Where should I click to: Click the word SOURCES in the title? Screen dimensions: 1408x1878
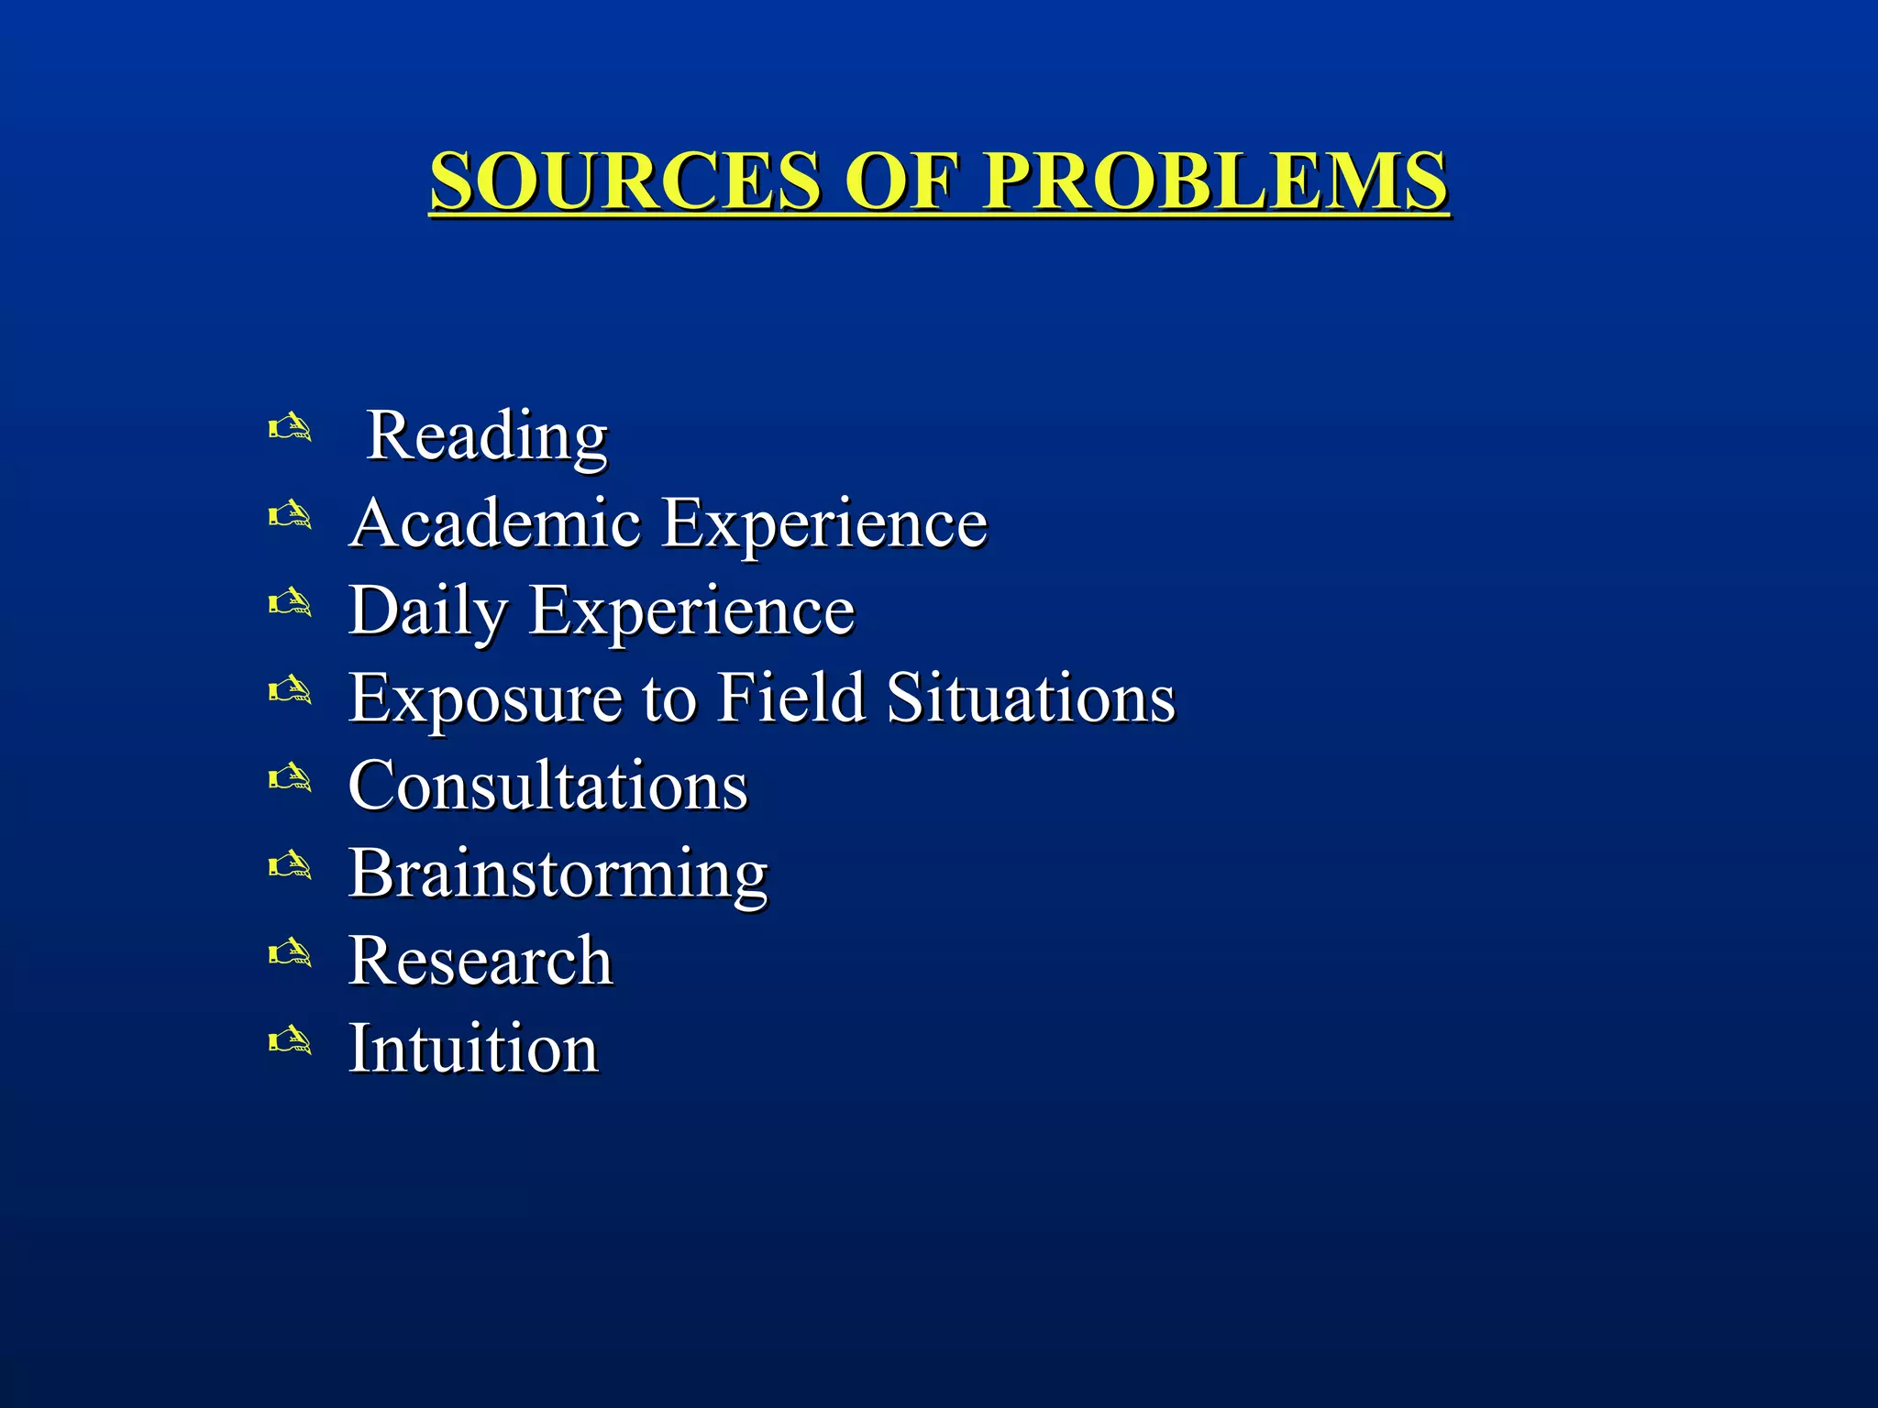click(x=625, y=181)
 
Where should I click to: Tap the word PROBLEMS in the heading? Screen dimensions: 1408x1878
click(x=1215, y=181)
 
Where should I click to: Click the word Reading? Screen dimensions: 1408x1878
click(x=487, y=436)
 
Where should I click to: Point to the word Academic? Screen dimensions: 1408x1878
click(x=495, y=523)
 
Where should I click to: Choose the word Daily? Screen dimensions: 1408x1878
click(x=427, y=611)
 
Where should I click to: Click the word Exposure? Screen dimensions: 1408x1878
click(x=485, y=698)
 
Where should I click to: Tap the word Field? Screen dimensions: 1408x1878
click(x=790, y=698)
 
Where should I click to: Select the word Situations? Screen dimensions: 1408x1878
click(x=1031, y=698)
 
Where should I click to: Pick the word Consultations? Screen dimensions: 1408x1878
click(x=548, y=786)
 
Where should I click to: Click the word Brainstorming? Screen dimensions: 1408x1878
click(x=558, y=874)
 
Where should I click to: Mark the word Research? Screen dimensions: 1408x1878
click(x=481, y=962)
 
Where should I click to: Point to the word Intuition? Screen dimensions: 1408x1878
click(x=473, y=1049)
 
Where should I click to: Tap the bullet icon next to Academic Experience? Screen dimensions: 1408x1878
click(x=290, y=516)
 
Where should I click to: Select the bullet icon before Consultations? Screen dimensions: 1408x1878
click(x=290, y=779)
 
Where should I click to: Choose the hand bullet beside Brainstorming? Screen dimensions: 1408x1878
click(x=290, y=866)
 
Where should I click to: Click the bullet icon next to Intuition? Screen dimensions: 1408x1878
click(x=290, y=1041)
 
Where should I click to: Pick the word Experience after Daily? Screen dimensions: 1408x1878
click(x=692, y=611)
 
